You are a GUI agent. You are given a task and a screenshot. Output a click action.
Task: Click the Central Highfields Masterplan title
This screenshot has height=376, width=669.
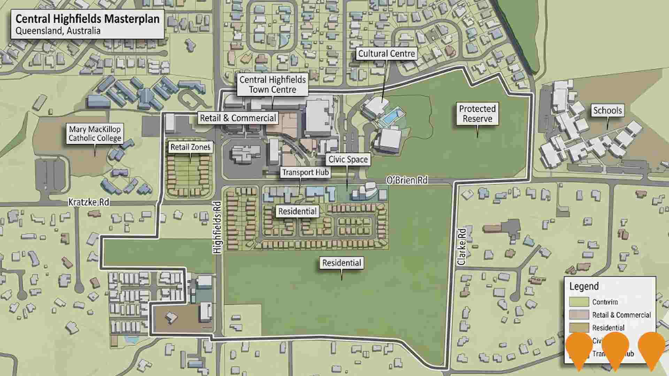pyautogui.click(x=87, y=19)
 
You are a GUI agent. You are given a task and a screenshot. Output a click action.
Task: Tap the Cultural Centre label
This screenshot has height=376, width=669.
pyautogui.click(x=386, y=54)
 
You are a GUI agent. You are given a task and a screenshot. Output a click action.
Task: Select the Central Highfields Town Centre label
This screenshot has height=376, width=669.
pyautogui.click(x=272, y=85)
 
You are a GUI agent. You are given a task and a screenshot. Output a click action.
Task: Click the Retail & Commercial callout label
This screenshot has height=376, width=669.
pyautogui.click(x=238, y=118)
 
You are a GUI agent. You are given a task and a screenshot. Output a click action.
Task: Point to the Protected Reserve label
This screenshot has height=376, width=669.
pyautogui.click(x=477, y=114)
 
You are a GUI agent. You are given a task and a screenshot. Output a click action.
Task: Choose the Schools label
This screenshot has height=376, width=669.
pyautogui.click(x=607, y=111)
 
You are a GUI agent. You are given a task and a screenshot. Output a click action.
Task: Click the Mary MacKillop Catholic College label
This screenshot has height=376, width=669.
pyautogui.click(x=95, y=134)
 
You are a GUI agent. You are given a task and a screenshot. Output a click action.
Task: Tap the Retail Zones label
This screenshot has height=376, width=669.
pyautogui.click(x=190, y=147)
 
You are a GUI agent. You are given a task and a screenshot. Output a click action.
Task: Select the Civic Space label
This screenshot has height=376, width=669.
pyautogui.click(x=348, y=160)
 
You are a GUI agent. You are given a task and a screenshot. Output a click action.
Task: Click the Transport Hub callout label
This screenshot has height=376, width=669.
pyautogui.click(x=305, y=173)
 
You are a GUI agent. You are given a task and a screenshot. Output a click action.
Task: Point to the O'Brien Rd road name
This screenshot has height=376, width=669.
pyautogui.click(x=406, y=180)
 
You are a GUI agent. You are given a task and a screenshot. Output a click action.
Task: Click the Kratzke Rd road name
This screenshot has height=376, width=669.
pyautogui.click(x=89, y=202)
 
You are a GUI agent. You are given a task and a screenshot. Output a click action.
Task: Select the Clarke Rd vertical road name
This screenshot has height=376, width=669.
pyautogui.click(x=462, y=247)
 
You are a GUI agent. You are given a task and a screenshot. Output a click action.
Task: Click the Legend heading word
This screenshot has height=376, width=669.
pyautogui.click(x=584, y=287)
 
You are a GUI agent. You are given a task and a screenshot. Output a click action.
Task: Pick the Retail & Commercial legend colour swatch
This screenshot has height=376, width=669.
pyautogui.click(x=579, y=315)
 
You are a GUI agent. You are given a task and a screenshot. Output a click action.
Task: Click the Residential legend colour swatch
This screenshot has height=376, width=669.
pyautogui.click(x=579, y=328)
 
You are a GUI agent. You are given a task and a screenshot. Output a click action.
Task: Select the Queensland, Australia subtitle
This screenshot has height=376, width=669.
pyautogui.click(x=58, y=31)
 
